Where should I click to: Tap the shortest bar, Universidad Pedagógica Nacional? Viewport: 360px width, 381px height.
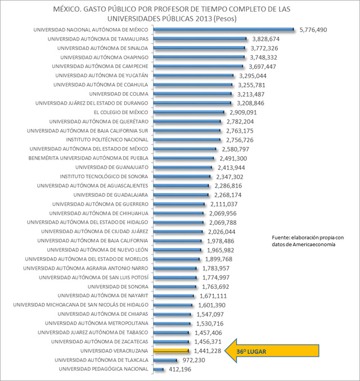click(x=157, y=369)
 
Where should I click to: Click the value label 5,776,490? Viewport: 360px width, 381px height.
click(x=313, y=30)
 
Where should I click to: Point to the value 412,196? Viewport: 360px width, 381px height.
click(x=179, y=369)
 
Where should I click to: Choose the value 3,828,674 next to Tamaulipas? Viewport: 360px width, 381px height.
click(x=266, y=39)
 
